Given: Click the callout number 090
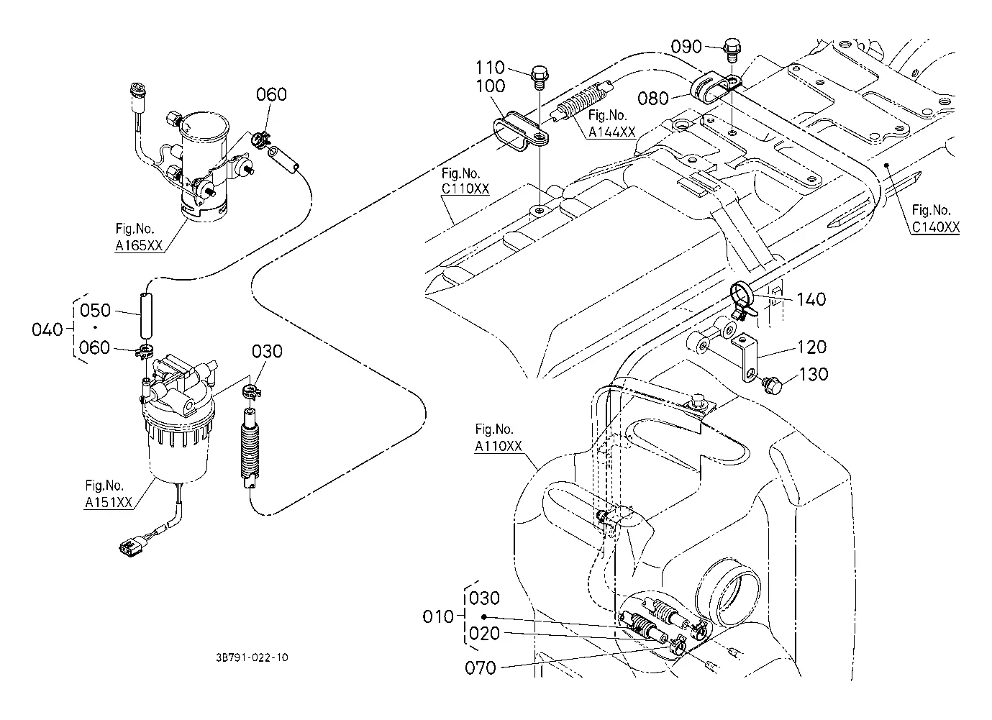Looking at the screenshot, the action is (x=686, y=47).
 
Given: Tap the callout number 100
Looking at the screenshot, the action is (x=490, y=86).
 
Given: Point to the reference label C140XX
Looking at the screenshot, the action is (x=935, y=227).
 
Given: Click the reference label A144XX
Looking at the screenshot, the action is (x=611, y=132).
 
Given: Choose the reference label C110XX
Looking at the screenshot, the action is (x=465, y=188).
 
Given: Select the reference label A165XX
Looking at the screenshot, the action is (x=139, y=245).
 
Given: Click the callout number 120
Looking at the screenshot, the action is (x=811, y=347).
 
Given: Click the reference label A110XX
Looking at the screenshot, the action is (x=499, y=446).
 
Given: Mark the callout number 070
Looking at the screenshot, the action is (x=480, y=667).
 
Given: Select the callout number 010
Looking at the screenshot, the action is (x=438, y=616).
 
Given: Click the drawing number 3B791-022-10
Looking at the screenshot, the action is (x=252, y=657).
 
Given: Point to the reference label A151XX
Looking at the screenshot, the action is (x=109, y=501).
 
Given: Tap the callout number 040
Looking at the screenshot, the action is (x=47, y=329).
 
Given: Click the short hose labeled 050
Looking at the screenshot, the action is (x=146, y=314).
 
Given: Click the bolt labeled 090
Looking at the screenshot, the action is (x=732, y=50).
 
